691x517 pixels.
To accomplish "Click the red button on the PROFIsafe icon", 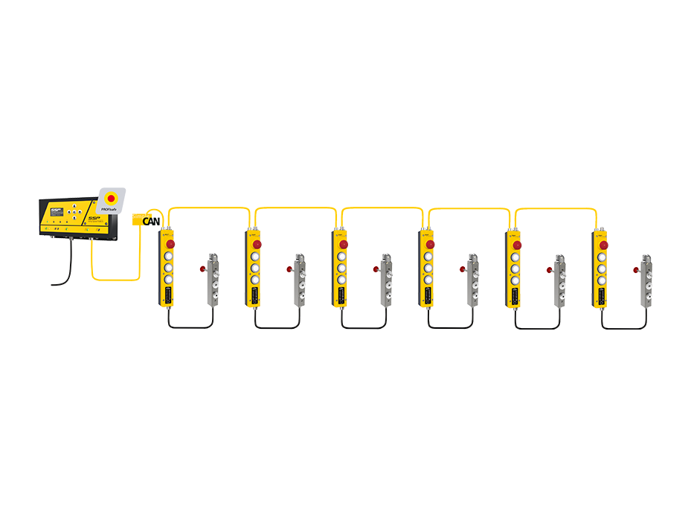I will point(111,198).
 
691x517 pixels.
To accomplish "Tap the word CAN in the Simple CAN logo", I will point(152,221).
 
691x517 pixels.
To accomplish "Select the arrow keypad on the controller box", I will point(74,213).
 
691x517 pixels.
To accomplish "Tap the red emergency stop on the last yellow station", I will point(603,244).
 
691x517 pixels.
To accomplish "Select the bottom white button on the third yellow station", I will point(341,280).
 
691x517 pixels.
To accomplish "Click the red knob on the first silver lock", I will point(203,269).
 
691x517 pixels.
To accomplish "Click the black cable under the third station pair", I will point(364,327).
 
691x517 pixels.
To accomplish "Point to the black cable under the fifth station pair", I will point(537,327).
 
